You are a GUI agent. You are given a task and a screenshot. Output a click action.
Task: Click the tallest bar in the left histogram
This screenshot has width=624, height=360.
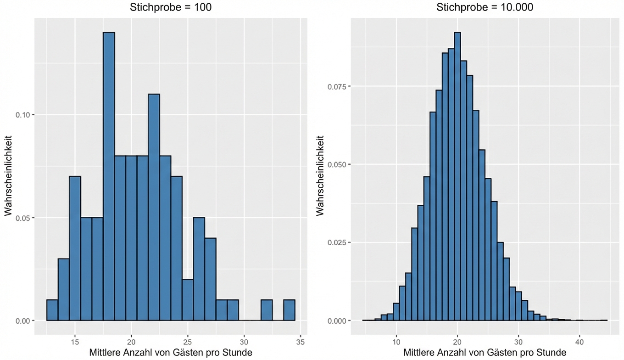point(109,176)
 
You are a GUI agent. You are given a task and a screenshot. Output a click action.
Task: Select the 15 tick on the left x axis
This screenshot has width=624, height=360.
point(75,342)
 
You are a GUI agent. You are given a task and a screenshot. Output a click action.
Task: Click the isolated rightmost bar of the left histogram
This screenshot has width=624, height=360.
point(289,310)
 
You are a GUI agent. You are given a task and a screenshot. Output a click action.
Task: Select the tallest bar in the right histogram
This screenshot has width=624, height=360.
point(457,176)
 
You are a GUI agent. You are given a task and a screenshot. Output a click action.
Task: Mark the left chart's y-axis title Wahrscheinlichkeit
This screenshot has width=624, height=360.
point(8,174)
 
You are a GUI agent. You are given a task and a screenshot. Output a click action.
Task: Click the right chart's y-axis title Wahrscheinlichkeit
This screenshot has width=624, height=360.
point(320,174)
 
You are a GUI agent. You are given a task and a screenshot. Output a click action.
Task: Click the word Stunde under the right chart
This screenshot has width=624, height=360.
point(550,353)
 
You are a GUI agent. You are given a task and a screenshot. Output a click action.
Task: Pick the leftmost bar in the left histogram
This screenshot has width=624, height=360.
point(52,310)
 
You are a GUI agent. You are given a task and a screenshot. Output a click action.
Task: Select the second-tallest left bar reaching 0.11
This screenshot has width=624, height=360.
point(154,207)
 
